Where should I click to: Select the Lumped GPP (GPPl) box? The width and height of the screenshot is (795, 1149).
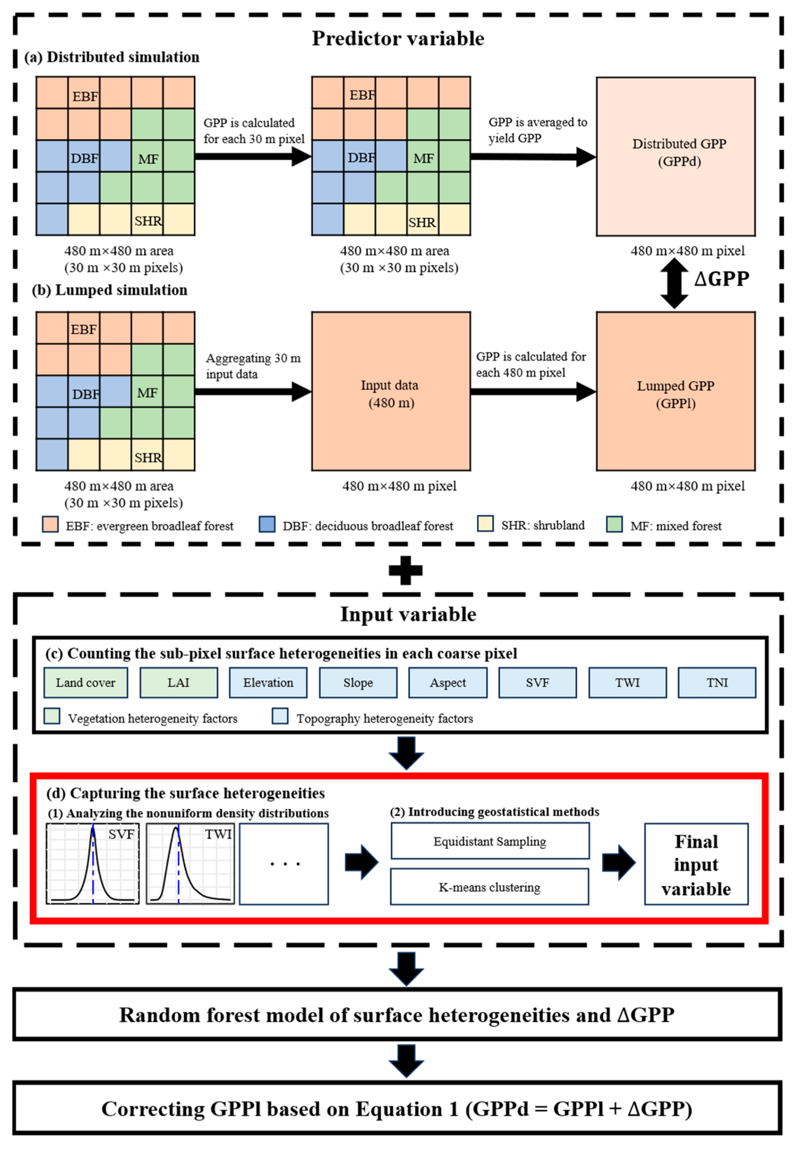pyautogui.click(x=676, y=391)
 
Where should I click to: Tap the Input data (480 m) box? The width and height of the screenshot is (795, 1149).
pyautogui.click(x=391, y=391)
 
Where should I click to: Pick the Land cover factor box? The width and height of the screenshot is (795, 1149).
pyautogui.click(x=86, y=682)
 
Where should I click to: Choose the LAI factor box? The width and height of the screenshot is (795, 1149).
pyautogui.click(x=178, y=682)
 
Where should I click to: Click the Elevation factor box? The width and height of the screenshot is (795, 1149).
pyautogui.click(x=268, y=682)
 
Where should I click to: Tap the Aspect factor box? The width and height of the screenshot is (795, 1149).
pyautogui.click(x=448, y=682)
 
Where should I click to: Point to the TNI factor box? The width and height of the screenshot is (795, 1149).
pyautogui.click(x=717, y=682)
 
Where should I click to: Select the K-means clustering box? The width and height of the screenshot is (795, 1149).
pyautogui.click(x=489, y=887)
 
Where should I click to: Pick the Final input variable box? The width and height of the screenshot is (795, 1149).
pyautogui.click(x=696, y=864)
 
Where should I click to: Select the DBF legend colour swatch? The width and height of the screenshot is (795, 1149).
pyautogui.click(x=267, y=524)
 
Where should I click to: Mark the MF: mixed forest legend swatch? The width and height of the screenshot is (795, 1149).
pyautogui.click(x=614, y=524)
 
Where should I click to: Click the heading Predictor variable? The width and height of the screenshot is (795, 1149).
pyautogui.click(x=397, y=39)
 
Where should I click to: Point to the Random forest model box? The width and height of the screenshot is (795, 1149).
pyautogui.click(x=397, y=1015)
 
